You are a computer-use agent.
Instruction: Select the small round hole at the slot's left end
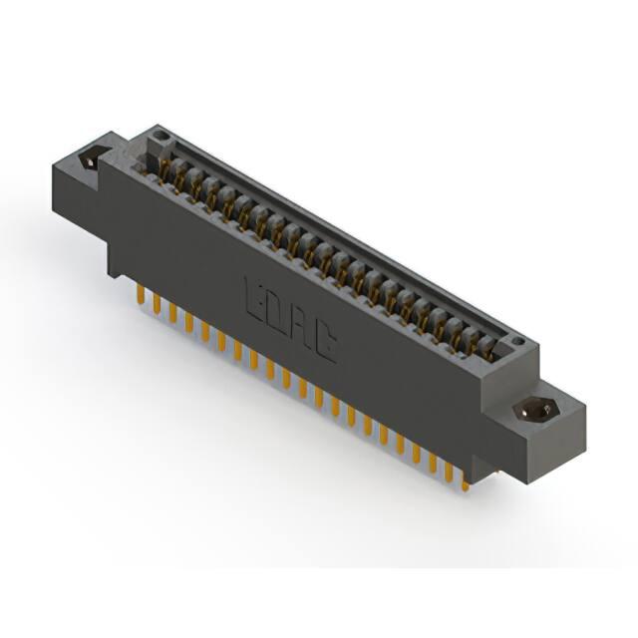162,135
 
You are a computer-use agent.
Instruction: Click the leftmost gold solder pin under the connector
141,294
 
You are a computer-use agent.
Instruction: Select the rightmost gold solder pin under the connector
466,484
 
